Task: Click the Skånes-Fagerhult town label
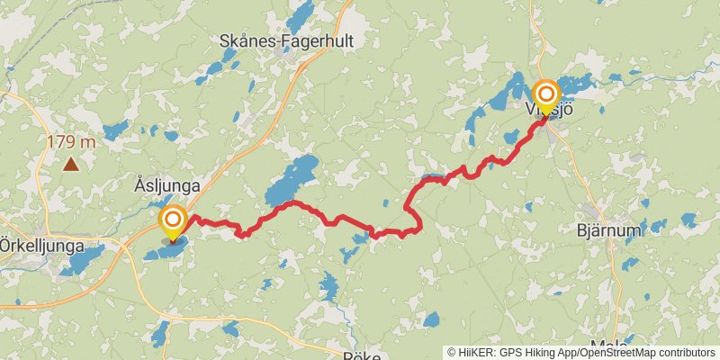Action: pyautogui.click(x=286, y=41)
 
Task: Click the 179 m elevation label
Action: pyautogui.click(x=71, y=141)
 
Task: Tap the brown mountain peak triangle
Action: pyautogui.click(x=70, y=164)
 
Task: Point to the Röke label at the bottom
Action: pyautogui.click(x=363, y=355)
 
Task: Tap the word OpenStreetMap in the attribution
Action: pyautogui.click(x=623, y=353)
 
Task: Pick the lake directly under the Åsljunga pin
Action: pyautogui.click(x=166, y=249)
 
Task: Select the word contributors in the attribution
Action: pyautogui.click(x=688, y=353)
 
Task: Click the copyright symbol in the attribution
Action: pyautogui.click(x=452, y=353)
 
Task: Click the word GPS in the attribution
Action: pyautogui.click(x=511, y=353)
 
